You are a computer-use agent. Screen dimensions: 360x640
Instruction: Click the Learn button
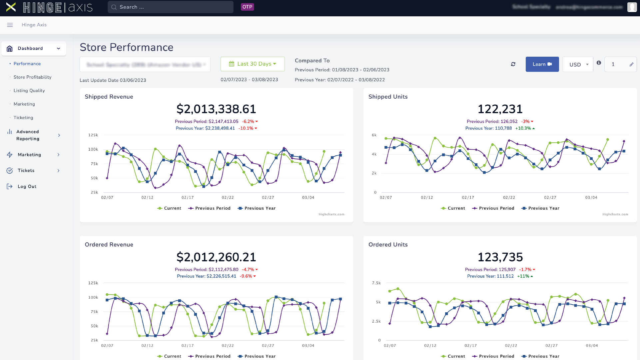[542, 64]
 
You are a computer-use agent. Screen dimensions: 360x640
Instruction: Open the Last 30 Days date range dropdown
[253, 64]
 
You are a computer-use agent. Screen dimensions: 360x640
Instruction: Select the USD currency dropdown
[578, 64]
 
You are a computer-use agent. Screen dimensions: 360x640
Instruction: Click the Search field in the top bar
[170, 7]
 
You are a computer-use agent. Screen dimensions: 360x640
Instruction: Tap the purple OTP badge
[247, 7]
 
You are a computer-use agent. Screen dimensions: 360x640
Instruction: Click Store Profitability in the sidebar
[32, 77]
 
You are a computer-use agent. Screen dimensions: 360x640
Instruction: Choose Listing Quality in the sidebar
[29, 91]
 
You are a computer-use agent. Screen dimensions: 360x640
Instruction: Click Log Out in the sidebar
[27, 187]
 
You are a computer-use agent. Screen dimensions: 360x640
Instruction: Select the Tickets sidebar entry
[26, 171]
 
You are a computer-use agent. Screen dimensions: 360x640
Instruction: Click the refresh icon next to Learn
[513, 64]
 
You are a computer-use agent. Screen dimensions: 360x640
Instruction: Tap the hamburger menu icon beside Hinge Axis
[10, 25]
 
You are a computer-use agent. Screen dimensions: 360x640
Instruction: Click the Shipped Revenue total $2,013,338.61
[216, 109]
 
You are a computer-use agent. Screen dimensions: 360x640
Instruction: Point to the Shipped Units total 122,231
[500, 109]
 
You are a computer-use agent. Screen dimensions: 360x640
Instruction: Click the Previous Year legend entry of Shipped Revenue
[257, 208]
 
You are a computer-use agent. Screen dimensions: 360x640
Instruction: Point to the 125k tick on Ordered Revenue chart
[93, 283]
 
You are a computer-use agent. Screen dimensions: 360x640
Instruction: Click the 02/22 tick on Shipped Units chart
[509, 198]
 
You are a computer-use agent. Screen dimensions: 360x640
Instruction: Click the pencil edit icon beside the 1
[631, 65]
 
